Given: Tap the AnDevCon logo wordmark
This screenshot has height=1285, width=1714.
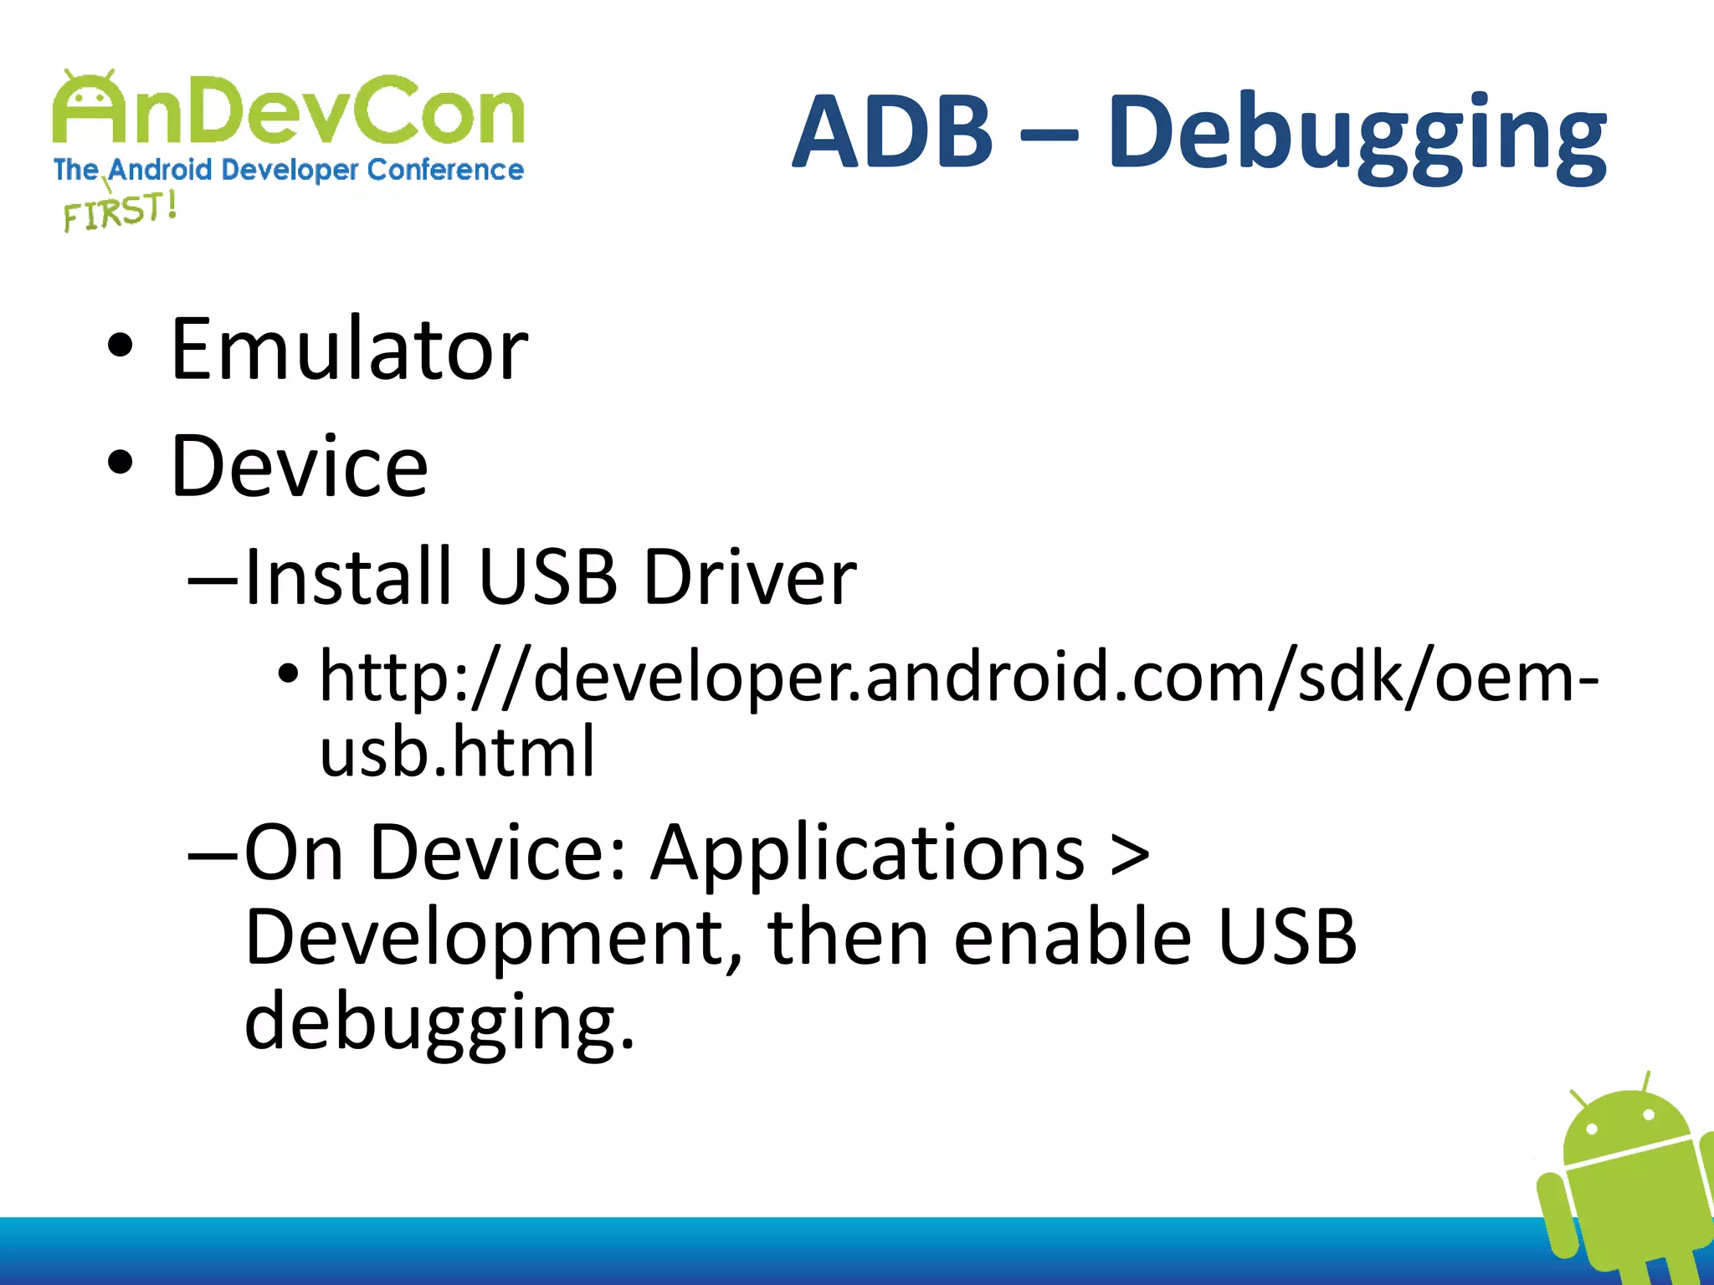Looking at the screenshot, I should pos(289,109).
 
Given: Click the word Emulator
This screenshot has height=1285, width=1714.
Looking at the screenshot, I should pos(349,349).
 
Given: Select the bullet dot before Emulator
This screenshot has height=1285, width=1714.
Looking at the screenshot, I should pos(121,346).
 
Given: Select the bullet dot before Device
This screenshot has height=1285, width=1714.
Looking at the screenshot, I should pos(121,463).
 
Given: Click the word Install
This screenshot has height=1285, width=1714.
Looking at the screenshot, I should pos(348,576).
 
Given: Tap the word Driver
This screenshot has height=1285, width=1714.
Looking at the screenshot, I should pos(750,576).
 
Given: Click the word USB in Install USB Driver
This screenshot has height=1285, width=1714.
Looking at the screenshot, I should pos(547,576).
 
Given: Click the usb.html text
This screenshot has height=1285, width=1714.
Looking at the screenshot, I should pos(457,750).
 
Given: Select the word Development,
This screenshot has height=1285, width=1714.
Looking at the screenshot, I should pos(494,938).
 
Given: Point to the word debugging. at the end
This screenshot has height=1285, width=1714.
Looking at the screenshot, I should pos(439,1022).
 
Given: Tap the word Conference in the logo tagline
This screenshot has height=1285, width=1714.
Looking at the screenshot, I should pos(445,170).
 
